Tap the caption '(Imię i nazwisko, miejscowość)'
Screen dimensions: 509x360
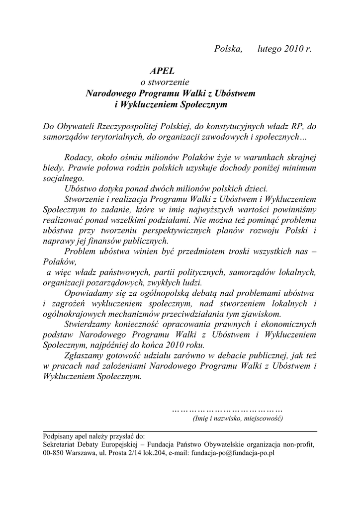[x=238, y=419]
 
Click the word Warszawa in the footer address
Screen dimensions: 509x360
[x=85, y=453]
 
